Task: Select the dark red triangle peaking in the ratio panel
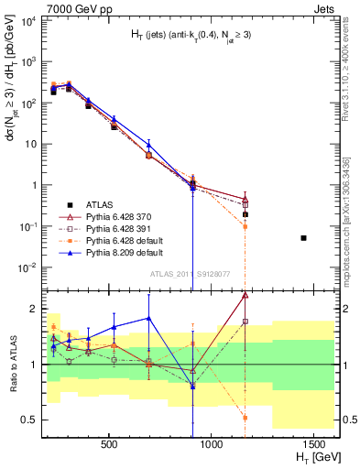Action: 245,295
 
